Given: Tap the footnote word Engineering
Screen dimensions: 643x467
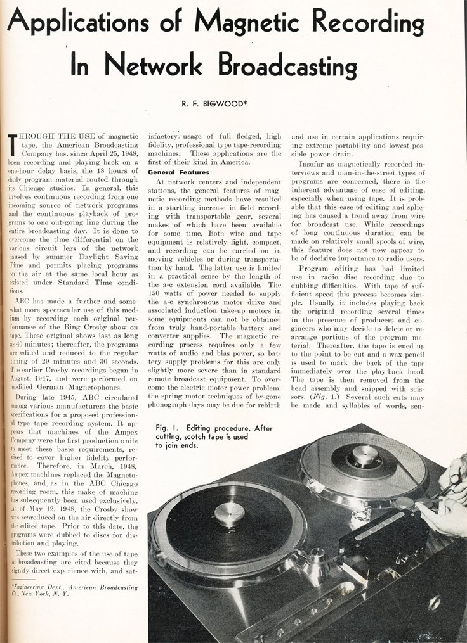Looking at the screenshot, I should pos(37,587).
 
